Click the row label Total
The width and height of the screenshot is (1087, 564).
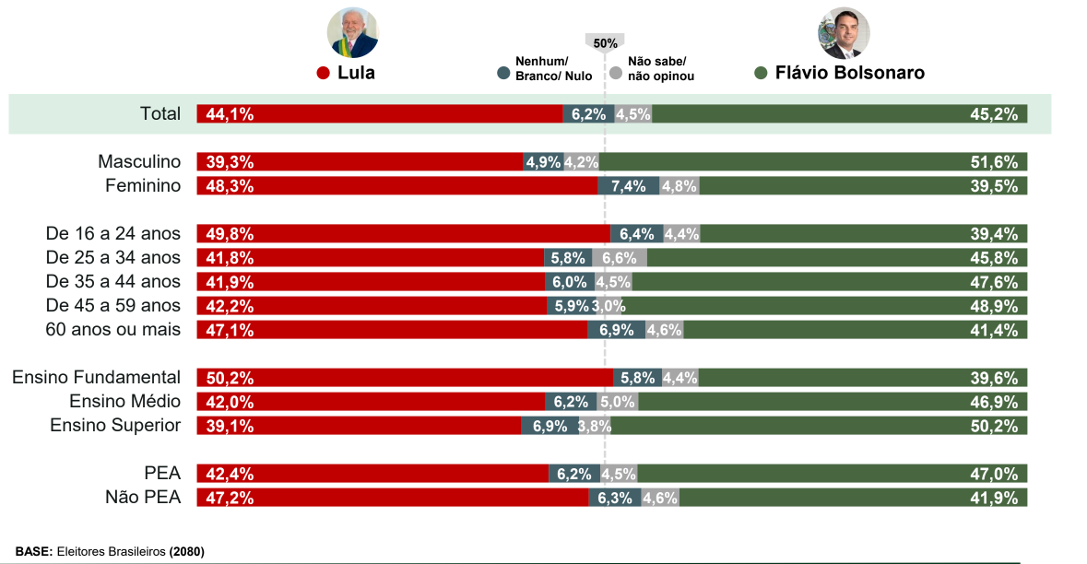click(160, 114)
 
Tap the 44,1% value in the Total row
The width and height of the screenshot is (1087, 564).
click(230, 114)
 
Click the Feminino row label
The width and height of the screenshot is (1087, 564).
click(143, 186)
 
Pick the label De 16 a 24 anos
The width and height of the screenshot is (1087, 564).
click(113, 234)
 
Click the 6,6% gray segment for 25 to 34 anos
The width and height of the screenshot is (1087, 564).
click(620, 258)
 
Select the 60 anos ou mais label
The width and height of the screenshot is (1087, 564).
click(113, 330)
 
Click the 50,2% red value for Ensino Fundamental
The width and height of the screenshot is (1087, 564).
click(230, 378)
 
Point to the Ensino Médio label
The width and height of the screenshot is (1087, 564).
click(125, 402)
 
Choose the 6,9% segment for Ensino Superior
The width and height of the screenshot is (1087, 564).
click(549, 426)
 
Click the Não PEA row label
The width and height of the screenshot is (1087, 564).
click(143, 498)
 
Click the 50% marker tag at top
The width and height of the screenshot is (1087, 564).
click(605, 42)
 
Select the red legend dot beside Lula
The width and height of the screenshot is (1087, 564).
click(323, 73)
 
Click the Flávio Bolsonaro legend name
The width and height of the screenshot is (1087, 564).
click(849, 73)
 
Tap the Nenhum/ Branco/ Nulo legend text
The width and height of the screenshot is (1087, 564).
click(553, 69)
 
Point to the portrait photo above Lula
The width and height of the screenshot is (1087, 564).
click(353, 33)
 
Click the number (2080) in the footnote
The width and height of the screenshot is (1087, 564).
click(187, 551)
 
